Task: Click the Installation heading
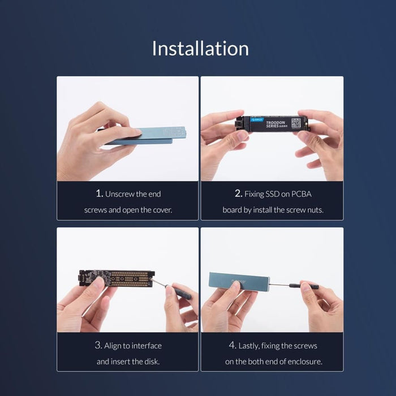pos(200,48)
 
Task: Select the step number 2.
pos(238,193)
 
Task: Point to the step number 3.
pos(98,345)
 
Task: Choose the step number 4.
pos(232,345)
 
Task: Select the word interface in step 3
pos(145,346)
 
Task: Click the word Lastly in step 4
pos(251,346)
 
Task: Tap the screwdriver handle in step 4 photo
pos(310,286)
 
